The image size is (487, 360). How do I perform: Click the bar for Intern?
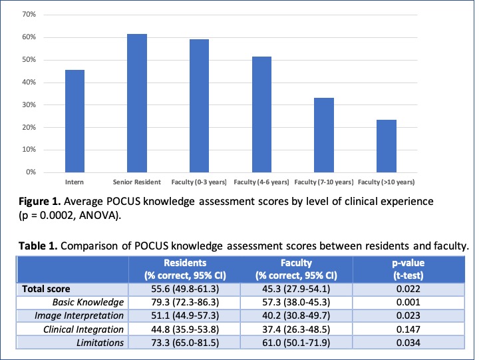pyautogui.click(x=75, y=121)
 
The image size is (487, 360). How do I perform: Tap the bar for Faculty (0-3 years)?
pyautogui.click(x=199, y=106)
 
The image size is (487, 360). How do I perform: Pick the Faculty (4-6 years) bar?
pyautogui.click(x=261, y=114)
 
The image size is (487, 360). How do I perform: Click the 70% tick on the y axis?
pyautogui.click(x=30, y=15)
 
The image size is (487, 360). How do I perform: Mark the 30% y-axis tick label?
pyautogui.click(x=30, y=105)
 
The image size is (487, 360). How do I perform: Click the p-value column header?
pyautogui.click(x=413, y=269)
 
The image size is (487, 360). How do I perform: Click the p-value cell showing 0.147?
pyautogui.click(x=413, y=329)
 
